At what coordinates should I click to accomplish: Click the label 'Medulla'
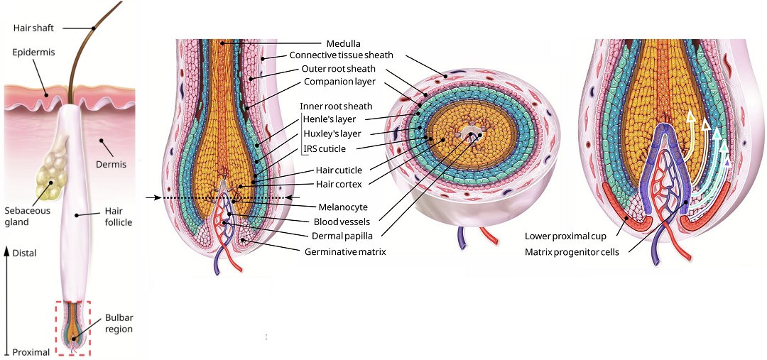[344, 43]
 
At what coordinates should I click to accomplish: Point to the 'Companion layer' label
[339, 82]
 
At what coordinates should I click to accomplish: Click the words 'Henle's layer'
[329, 119]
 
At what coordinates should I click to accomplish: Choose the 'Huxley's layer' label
[331, 133]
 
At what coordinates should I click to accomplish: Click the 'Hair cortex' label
[339, 184]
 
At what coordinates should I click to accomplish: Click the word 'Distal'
[24, 253]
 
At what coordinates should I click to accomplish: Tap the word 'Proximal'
[31, 352]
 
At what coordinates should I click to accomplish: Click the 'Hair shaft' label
[33, 28]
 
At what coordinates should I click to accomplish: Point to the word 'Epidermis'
[33, 53]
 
